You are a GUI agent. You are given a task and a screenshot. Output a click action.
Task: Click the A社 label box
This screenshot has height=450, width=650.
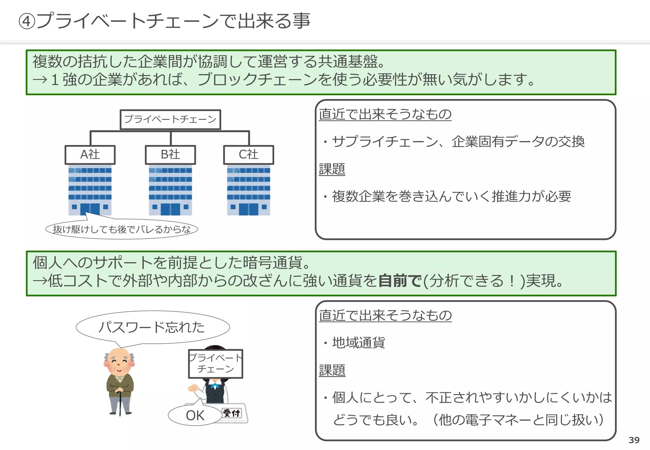point(90,155)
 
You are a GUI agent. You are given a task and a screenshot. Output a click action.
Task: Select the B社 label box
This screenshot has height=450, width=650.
point(170,155)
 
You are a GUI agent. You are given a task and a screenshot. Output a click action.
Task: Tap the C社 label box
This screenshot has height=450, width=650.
point(249,155)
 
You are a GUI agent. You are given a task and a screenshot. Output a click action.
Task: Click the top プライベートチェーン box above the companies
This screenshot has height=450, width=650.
point(170,119)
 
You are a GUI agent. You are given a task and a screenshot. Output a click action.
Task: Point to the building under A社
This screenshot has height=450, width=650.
point(90,190)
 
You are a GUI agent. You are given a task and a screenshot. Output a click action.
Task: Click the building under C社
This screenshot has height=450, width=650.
point(249,190)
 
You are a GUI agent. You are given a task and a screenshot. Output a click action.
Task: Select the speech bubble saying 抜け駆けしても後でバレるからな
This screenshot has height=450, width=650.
point(122,229)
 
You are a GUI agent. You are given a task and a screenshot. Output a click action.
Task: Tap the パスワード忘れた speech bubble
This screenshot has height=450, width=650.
point(152,327)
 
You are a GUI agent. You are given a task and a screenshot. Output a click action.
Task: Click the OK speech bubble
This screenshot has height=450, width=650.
point(195,415)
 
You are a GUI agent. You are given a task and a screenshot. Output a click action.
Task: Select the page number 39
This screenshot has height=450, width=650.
point(634,440)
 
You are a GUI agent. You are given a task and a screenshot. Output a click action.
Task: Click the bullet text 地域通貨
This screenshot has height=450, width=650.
point(359,343)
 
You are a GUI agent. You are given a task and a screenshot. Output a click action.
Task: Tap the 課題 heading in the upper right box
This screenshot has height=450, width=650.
point(332,169)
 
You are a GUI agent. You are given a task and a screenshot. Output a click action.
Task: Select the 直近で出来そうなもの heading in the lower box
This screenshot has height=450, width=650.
point(385,315)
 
